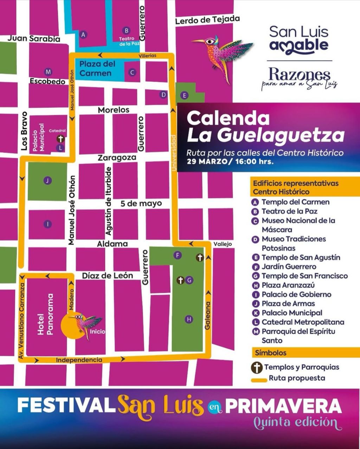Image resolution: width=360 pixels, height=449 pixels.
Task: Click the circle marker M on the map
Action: pos(48,72)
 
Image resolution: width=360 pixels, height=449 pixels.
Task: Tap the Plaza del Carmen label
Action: pos(97,69)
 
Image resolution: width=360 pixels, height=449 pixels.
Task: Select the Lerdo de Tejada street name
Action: pos(207,20)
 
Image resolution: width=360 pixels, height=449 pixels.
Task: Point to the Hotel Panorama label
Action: pos(46,314)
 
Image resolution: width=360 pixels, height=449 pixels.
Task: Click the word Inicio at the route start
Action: pos(97,331)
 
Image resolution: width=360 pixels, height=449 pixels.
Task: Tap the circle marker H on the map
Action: pos(189,320)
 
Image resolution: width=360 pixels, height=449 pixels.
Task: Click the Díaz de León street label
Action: pos(108,276)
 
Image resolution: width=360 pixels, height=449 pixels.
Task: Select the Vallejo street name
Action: pos(223,244)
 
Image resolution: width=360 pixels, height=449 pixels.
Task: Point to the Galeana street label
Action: pos(207,316)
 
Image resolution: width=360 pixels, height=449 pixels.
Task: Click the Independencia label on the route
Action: pos(79,360)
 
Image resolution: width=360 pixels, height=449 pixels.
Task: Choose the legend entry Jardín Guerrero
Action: pos(289,267)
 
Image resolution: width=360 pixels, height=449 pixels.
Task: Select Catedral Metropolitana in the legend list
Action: pos(303,322)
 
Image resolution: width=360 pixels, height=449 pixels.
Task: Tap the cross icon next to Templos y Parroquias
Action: pos(257,368)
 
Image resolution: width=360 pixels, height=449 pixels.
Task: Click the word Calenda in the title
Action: pos(228,119)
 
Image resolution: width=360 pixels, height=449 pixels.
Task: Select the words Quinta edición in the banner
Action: pos(298,422)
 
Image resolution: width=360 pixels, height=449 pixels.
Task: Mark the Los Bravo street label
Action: pos(24,131)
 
